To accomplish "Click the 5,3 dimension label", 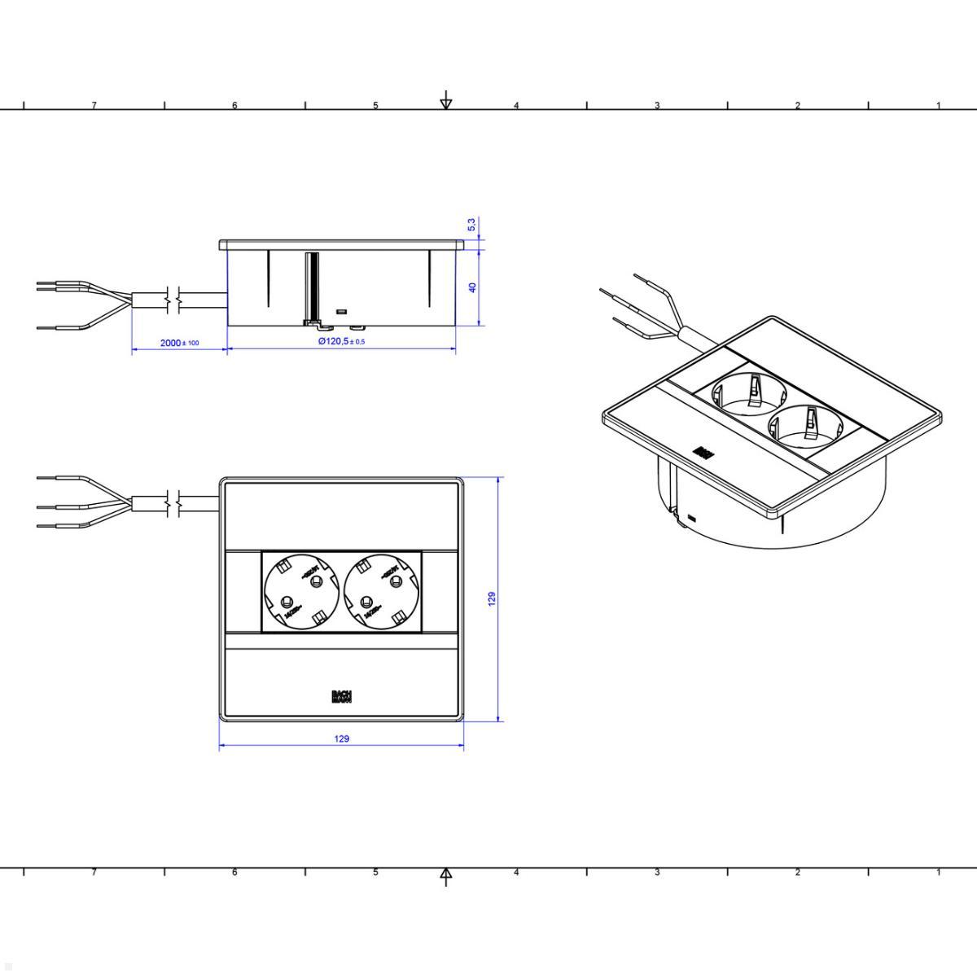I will tap(472, 225).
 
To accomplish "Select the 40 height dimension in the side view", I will tap(472, 287).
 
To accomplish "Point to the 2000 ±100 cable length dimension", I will tap(179, 343).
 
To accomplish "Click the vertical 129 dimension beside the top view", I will tap(492, 600).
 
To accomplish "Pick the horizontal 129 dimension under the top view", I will tap(342, 738).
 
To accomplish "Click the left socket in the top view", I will tap(299, 593).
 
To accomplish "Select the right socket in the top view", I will tap(383, 593).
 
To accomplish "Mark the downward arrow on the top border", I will tap(445, 103).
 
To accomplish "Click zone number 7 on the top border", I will tap(94, 105).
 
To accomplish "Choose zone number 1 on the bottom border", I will tap(938, 872).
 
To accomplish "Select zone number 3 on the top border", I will tap(656, 105).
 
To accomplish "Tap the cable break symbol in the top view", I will tap(173, 505).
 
